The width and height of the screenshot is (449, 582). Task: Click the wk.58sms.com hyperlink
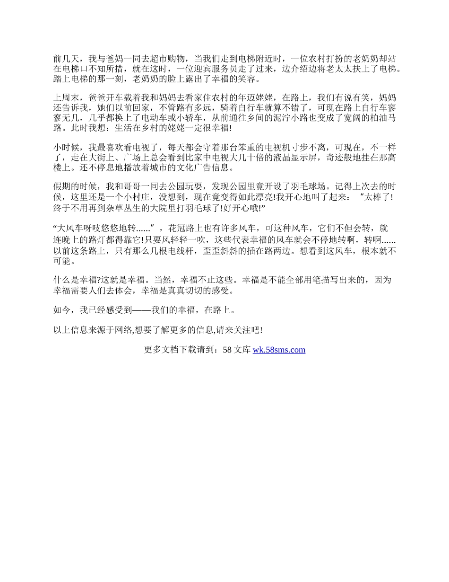[x=279, y=350]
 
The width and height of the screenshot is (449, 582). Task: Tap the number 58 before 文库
[x=227, y=350]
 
